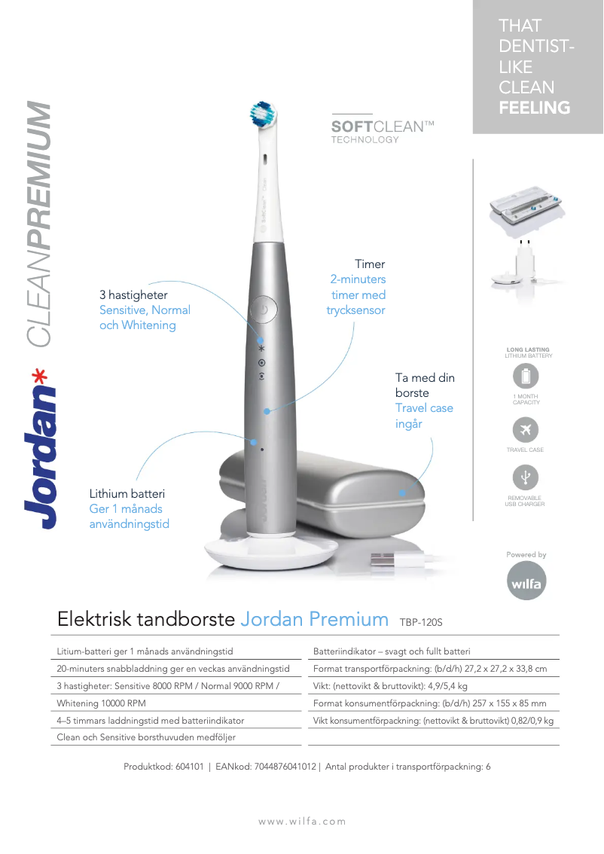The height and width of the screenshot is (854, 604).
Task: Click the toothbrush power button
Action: point(263,309)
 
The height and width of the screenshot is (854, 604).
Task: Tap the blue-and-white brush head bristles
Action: point(264,113)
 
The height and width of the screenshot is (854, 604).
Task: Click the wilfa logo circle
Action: point(526,584)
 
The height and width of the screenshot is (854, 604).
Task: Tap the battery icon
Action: point(526,375)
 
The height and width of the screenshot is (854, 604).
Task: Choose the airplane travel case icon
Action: point(526,430)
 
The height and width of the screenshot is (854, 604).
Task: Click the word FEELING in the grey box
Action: point(534,108)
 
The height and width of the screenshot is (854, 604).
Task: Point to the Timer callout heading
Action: point(370,264)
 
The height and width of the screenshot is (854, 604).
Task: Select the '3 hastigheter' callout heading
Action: point(133,294)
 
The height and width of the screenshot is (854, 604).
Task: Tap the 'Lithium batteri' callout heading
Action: point(127,494)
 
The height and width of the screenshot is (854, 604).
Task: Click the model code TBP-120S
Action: point(421,623)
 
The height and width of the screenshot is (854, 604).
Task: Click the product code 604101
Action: point(188,767)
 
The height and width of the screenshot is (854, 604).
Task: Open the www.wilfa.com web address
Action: point(302,822)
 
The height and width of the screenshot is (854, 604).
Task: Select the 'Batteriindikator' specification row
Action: point(392,651)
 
